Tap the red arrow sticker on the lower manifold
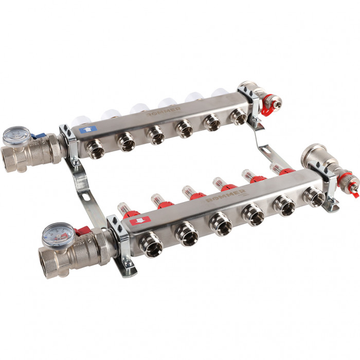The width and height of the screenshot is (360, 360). click(140, 221)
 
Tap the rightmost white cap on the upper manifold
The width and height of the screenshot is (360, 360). click(220, 94)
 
